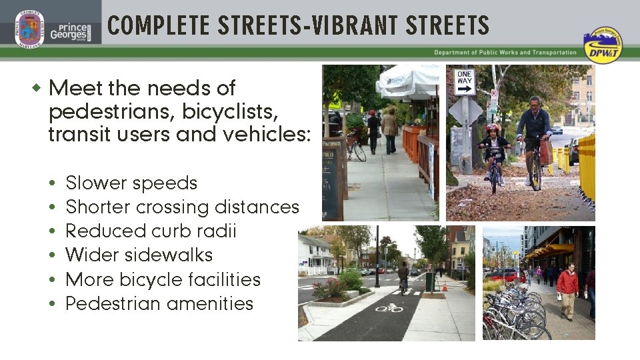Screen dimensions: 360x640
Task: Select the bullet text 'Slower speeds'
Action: [x=131, y=183]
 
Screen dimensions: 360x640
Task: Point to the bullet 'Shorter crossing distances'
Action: [x=182, y=207]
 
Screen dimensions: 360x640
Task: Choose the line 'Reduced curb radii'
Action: [x=151, y=231]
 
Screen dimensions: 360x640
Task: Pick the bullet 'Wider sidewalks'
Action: [x=139, y=255]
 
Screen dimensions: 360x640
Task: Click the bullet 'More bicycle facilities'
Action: [x=163, y=279]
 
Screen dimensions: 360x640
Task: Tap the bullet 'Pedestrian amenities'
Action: [x=159, y=303]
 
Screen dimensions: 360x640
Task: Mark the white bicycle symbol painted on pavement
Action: [x=389, y=308]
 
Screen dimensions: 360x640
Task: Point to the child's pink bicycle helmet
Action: [x=493, y=128]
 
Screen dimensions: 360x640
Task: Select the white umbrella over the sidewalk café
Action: [x=407, y=81]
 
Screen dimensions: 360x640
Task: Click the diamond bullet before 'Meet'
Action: [x=37, y=88]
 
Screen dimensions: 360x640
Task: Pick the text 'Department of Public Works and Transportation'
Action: [x=505, y=53]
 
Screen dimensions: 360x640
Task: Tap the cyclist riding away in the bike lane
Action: [x=403, y=275]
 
